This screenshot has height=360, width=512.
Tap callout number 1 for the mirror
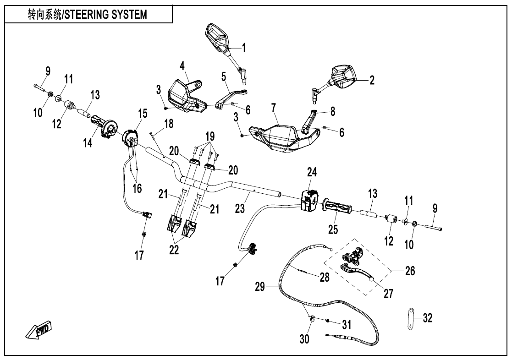(244, 47)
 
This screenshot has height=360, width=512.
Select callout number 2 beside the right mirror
(372, 80)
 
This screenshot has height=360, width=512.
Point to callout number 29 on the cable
(260, 287)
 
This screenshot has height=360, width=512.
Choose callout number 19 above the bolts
(210, 137)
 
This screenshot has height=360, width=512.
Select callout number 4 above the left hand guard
(182, 65)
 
